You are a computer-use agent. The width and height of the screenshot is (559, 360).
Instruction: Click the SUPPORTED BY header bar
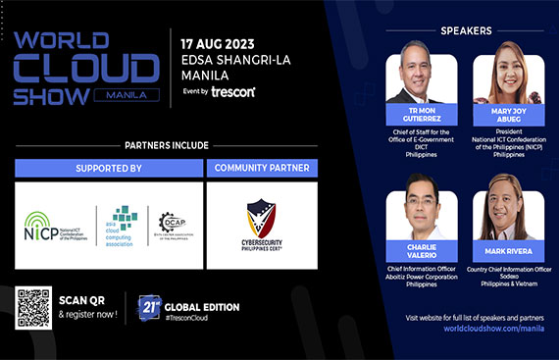(x=109, y=169)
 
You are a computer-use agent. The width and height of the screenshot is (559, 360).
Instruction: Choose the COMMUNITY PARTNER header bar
(x=262, y=169)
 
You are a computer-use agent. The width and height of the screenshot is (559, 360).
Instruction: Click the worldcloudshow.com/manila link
(x=474, y=330)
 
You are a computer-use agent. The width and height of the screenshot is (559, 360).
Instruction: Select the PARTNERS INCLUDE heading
(x=166, y=145)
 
